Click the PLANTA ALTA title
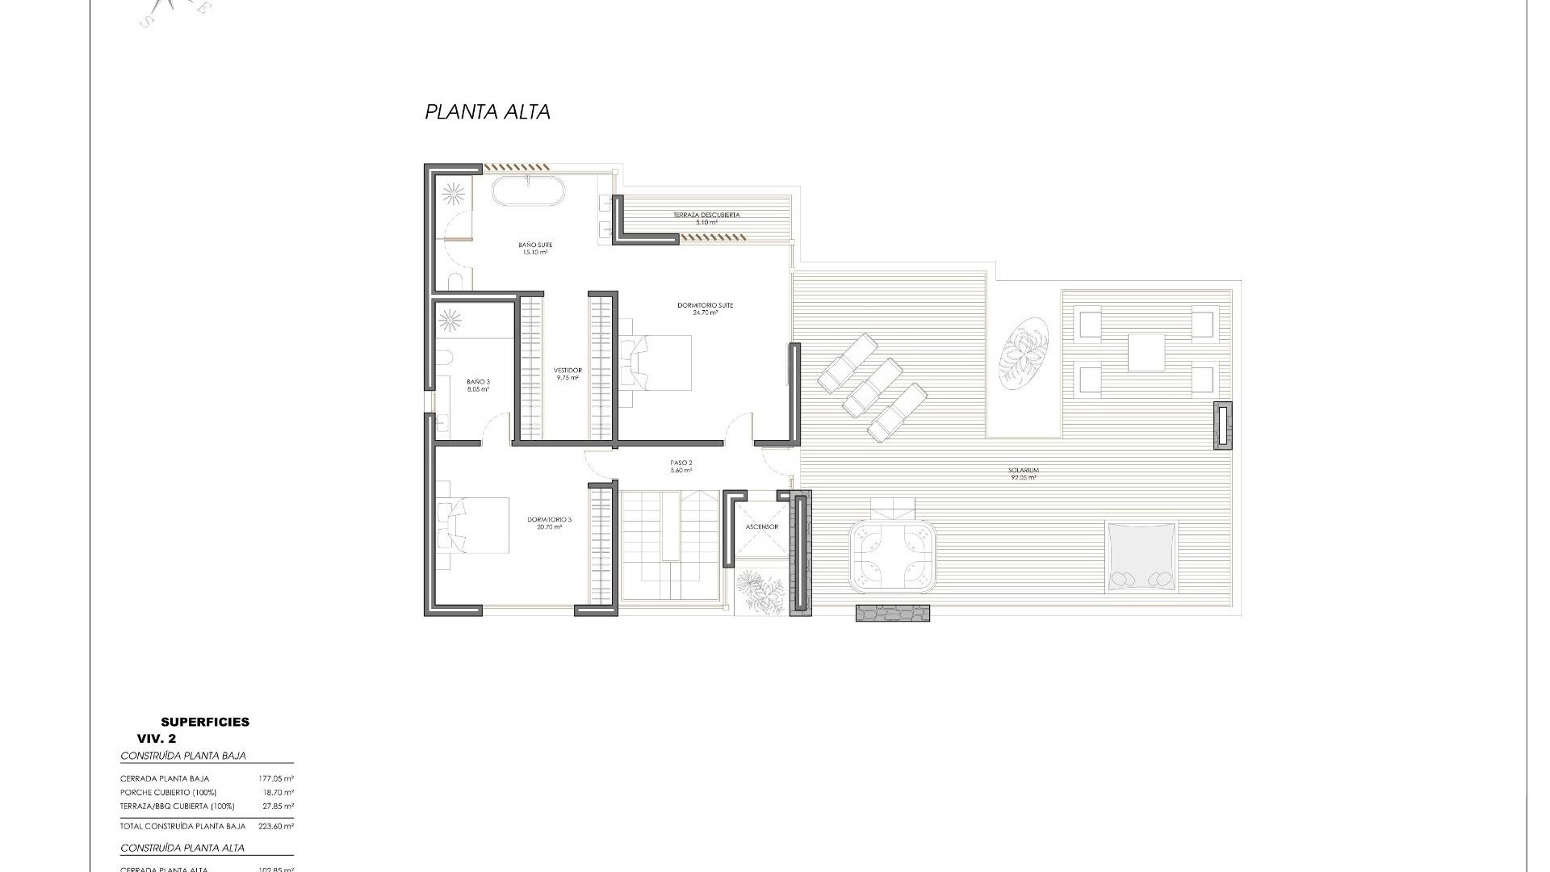[x=488, y=112]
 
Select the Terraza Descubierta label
[x=706, y=218]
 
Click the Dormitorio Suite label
[x=705, y=308]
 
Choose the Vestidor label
[x=568, y=373]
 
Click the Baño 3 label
[x=478, y=385]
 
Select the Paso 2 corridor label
[x=681, y=466]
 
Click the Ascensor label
[x=761, y=526]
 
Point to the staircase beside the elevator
[x=668, y=545]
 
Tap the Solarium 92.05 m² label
[x=1023, y=473]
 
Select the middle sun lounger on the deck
[x=873, y=386]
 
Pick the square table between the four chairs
[x=1146, y=353]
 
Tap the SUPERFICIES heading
[x=205, y=722]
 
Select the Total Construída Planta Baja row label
[x=182, y=827]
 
